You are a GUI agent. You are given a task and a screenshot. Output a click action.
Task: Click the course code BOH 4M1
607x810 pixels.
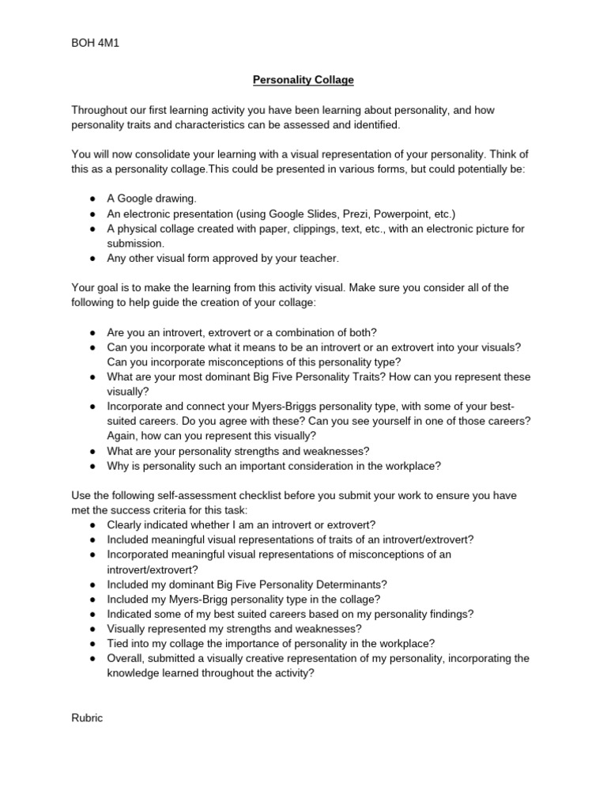[x=95, y=43]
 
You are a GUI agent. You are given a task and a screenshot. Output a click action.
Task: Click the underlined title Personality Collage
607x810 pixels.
[x=303, y=80]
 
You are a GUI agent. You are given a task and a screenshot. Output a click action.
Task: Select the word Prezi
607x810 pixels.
[x=354, y=214]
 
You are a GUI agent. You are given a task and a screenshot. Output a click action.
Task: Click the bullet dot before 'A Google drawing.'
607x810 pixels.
[x=92, y=199]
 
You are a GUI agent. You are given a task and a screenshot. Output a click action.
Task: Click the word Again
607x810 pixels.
[x=123, y=436]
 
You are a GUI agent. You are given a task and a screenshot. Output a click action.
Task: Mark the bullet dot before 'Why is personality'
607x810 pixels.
[x=92, y=466]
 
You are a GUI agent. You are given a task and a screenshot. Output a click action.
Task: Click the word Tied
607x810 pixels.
[x=119, y=643]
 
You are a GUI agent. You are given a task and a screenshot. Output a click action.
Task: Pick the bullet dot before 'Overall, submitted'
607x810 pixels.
[x=92, y=658]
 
